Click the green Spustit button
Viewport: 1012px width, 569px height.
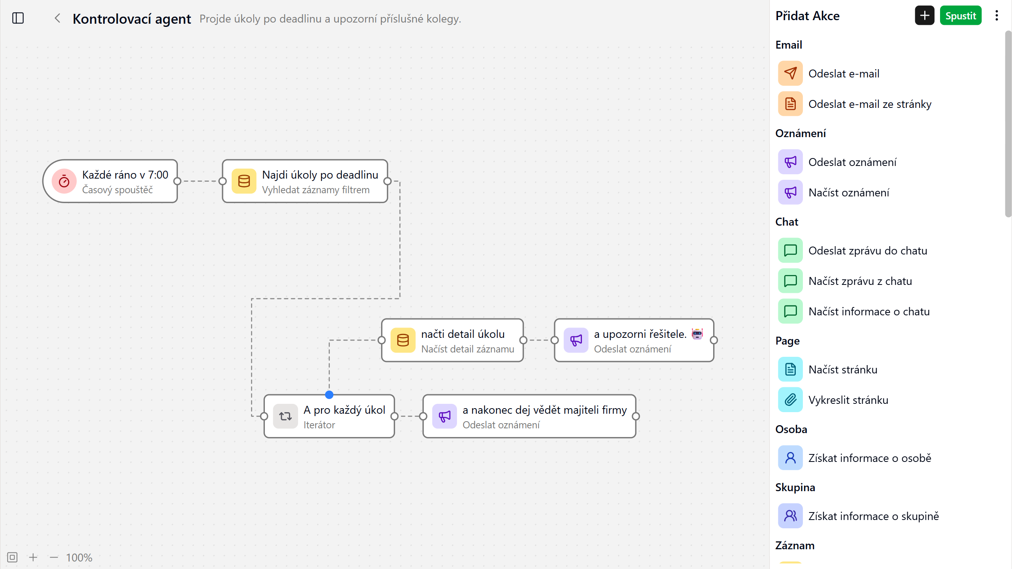960,16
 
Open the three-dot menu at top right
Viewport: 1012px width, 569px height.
997,16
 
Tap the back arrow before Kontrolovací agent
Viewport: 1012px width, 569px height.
58,18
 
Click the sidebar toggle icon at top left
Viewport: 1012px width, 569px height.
18,18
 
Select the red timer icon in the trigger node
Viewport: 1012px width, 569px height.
64,181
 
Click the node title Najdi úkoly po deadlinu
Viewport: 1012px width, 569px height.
320,175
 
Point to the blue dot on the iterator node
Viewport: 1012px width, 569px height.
329,394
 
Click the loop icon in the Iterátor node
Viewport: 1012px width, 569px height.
285,416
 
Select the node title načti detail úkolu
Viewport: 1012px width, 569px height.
463,334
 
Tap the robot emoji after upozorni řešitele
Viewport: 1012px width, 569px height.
697,334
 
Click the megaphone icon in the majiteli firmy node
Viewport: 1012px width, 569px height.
445,416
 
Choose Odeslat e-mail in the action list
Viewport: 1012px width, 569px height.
844,73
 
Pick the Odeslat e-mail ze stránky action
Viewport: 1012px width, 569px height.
870,104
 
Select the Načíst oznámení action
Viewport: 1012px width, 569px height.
849,192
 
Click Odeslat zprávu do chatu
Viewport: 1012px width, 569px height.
868,251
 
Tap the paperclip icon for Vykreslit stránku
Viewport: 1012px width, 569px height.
790,400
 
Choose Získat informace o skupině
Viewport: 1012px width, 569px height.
874,516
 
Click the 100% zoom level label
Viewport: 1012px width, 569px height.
79,558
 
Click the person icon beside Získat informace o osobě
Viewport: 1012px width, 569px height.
790,458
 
